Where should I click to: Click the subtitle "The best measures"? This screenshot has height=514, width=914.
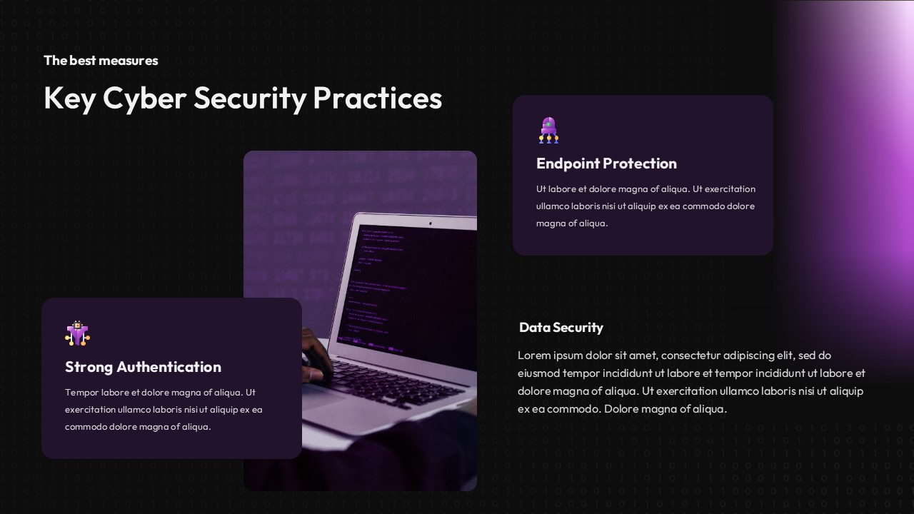101,61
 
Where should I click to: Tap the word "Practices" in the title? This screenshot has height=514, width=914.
377,99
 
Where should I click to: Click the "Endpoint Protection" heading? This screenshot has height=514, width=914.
606,163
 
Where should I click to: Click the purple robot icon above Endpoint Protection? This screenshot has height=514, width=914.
548,131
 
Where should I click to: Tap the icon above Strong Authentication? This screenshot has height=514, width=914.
77,333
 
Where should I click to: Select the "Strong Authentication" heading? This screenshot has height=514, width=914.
143,367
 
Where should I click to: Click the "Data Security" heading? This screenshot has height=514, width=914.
561,328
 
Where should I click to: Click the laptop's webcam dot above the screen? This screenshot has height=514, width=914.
430,223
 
